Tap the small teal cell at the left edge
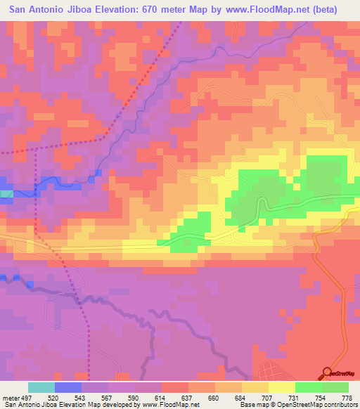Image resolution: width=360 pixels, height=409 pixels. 6,193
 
